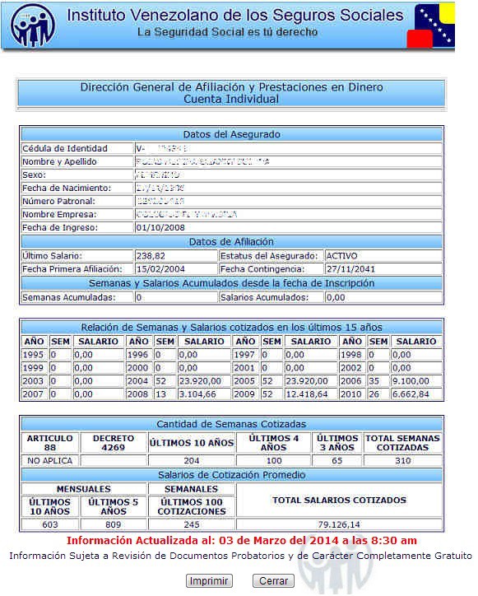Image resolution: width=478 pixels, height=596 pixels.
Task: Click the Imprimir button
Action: coord(209,581)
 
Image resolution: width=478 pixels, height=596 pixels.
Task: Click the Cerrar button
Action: coord(273,581)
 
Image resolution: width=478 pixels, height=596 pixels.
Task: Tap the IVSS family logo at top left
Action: coord(34,26)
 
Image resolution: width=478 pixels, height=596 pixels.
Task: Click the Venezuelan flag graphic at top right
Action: coord(434,26)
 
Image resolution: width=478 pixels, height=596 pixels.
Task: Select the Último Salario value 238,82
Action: coord(149,256)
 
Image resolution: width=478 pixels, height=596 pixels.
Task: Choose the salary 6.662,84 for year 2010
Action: coord(415,394)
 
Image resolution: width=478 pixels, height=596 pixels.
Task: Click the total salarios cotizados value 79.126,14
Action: coord(339,524)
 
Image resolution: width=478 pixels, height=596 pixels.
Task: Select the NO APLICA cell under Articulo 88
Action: coord(50,461)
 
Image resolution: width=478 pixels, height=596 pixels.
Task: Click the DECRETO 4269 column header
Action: coord(113,443)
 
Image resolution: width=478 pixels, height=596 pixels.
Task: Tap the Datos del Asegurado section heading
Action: coord(231,134)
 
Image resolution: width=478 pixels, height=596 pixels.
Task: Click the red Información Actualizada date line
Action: coord(241,541)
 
